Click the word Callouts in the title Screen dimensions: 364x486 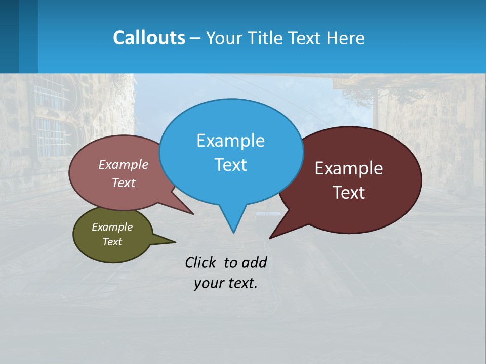[149, 38]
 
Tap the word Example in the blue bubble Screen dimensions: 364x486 [230, 141]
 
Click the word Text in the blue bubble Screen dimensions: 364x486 [230, 165]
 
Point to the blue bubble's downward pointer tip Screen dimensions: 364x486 [233, 232]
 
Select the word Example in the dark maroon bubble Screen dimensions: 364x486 [349, 168]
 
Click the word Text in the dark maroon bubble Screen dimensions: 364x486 [349, 193]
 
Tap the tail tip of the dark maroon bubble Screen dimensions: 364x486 [270, 238]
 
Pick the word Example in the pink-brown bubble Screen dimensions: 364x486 [124, 165]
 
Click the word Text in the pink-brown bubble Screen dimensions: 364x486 [124, 183]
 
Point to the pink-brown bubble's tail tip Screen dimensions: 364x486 [193, 214]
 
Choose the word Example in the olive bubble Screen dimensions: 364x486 [112, 227]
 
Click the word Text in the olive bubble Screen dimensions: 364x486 [112, 242]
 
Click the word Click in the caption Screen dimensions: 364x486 [200, 262]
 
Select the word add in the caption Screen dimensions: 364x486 [254, 262]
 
